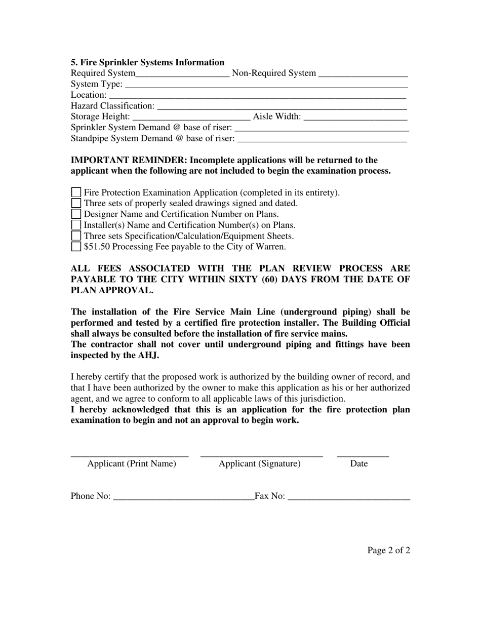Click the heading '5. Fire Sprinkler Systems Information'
tap(147, 62)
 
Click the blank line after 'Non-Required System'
tap(363, 74)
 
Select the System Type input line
tap(266, 85)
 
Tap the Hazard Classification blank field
tap(282, 106)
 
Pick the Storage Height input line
tap(191, 118)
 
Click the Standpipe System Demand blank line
tap(322, 139)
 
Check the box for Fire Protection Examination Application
tap(76, 192)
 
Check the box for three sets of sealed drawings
tap(76, 203)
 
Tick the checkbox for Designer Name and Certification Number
tap(76, 214)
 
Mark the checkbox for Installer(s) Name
tap(76, 225)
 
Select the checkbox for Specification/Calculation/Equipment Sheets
tap(76, 236)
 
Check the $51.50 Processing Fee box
tap(76, 247)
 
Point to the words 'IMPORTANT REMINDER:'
tap(129, 160)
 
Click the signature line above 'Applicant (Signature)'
tap(261, 455)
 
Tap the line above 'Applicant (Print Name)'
tap(130, 455)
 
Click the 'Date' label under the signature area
tap(358, 464)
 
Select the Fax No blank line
tap(348, 497)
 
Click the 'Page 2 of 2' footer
tap(388, 551)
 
